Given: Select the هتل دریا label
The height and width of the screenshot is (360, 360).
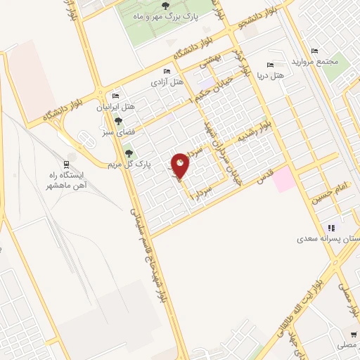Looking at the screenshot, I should (270, 74).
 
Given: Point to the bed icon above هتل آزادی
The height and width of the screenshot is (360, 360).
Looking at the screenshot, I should (166, 72).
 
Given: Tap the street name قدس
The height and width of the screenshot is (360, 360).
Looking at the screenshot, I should (264, 179).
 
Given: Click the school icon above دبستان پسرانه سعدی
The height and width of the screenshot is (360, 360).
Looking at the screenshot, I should (330, 228).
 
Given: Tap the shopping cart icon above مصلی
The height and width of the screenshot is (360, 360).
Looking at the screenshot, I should (352, 335).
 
